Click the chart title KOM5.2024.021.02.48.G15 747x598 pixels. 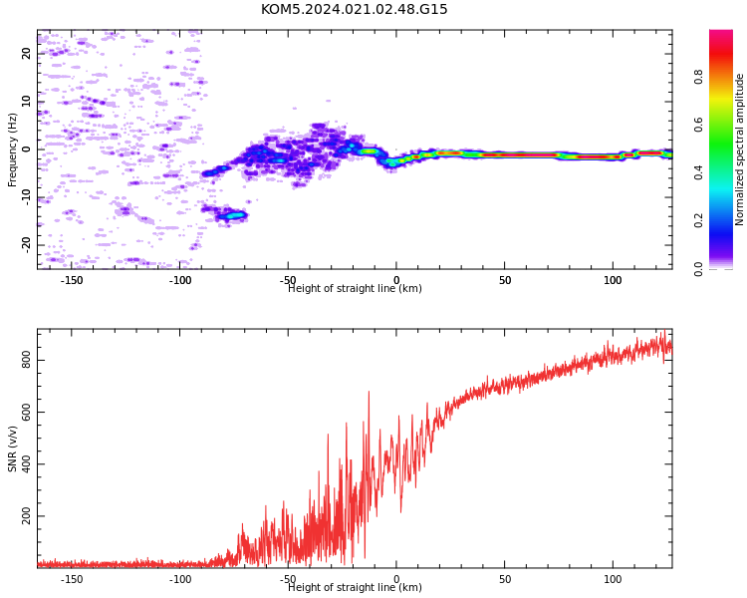point(354,9)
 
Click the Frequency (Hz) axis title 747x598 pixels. point(12,149)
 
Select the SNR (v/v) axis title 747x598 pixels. point(12,448)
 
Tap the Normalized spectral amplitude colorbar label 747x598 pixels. point(739,149)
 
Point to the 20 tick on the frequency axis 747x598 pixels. point(27,54)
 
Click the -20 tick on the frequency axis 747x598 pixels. point(27,245)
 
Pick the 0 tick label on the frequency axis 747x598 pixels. point(27,149)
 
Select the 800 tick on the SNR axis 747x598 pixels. point(27,360)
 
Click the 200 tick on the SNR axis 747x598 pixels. point(27,516)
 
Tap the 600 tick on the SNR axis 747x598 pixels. point(27,412)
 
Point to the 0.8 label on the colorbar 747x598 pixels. point(698,77)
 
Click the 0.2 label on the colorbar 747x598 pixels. point(698,221)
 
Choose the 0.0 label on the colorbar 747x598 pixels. point(698,269)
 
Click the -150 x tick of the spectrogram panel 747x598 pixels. point(72,280)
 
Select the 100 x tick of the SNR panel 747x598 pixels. point(613,579)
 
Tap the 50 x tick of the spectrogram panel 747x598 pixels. point(505,280)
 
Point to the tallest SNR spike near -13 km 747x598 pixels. point(369,392)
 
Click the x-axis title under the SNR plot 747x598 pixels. point(355,587)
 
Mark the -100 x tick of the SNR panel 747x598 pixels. point(180,579)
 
